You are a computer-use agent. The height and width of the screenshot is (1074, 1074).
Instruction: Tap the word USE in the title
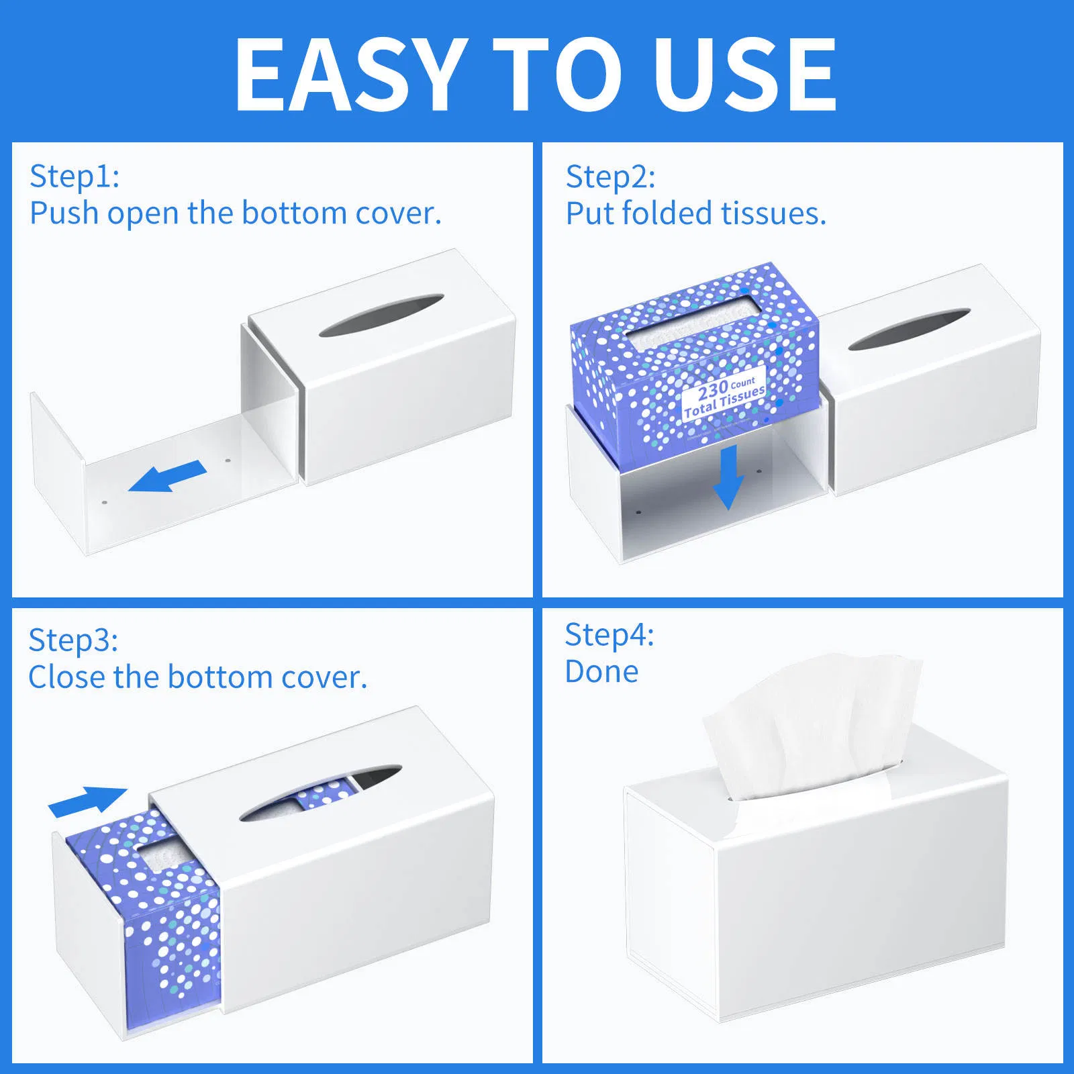coord(745,74)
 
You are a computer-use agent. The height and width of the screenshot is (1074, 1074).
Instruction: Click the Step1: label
coord(75,177)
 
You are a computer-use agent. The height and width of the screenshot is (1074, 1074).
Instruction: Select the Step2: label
coord(610,177)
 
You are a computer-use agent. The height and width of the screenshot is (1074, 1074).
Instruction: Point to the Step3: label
coord(73,640)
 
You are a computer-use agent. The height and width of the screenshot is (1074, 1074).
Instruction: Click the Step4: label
coord(609,635)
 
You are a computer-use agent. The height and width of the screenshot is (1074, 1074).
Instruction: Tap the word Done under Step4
coord(601,672)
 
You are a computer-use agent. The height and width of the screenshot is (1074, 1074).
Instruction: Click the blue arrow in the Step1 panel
coord(168,476)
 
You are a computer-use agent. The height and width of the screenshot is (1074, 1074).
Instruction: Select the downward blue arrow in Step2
coord(728,477)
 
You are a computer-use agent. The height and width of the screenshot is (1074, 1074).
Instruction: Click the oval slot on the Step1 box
coord(381,315)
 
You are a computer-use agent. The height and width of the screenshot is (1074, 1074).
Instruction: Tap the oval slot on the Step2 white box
coord(909,329)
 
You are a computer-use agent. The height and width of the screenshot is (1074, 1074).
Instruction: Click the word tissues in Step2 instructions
coord(773,214)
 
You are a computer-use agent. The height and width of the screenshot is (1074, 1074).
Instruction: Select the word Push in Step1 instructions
coord(64,214)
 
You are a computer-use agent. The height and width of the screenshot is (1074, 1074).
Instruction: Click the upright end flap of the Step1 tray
coord(58,473)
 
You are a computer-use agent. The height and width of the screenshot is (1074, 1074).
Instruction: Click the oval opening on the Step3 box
coord(321,792)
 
